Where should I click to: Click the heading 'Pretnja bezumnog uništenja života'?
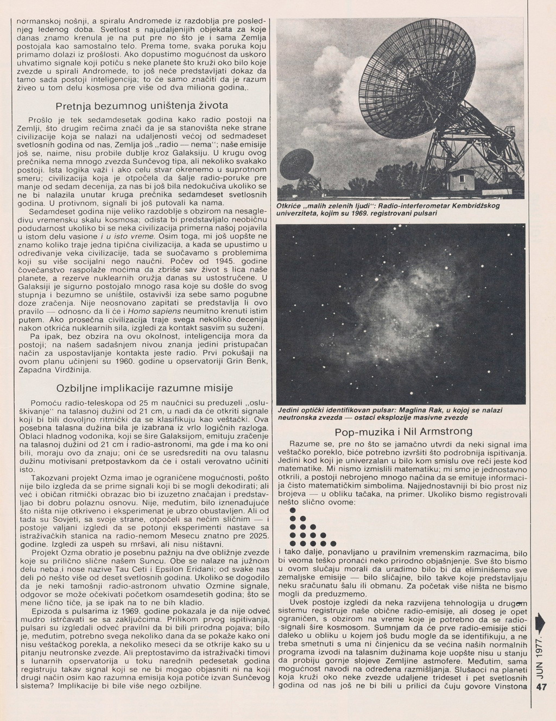pyautogui.click(x=142, y=104)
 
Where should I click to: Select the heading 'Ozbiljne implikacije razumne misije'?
pyautogui.click(x=144, y=388)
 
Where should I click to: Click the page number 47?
pyautogui.click(x=540, y=703)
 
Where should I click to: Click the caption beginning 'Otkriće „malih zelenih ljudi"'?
pyautogui.click(x=388, y=209)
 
